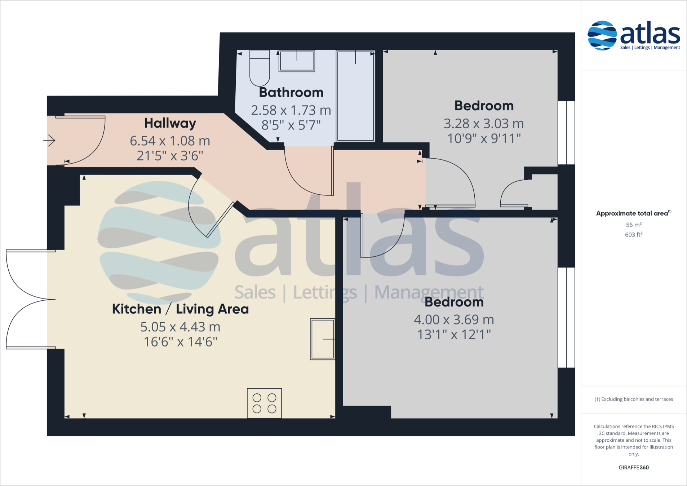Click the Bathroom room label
[291, 93]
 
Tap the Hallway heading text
[170, 123]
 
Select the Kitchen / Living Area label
[180, 309]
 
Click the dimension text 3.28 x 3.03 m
[483, 124]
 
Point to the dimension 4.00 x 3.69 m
[453, 320]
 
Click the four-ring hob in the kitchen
[264, 403]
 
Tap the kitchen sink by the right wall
[322, 339]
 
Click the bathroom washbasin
[297, 61]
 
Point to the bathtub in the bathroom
[355, 96]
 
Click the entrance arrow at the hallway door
[49, 140]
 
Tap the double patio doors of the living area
[29, 299]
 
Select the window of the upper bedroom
[566, 133]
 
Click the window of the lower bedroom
[566, 317]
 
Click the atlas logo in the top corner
[634, 35]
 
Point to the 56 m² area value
[633, 225]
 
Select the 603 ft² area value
[633, 235]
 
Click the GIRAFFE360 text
[633, 468]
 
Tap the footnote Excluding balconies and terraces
[633, 399]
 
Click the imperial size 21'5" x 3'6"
[170, 156]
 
